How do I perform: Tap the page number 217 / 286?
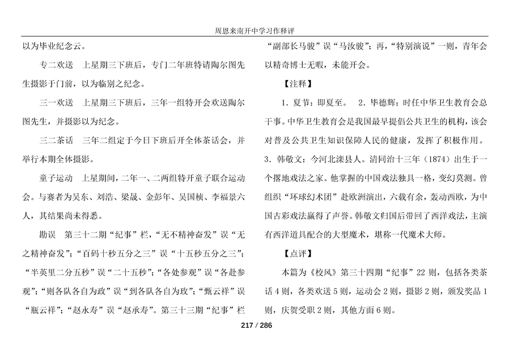point(254,325)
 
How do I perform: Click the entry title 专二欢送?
point(49,66)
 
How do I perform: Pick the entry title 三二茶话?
point(49,139)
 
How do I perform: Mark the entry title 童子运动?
point(49,177)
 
